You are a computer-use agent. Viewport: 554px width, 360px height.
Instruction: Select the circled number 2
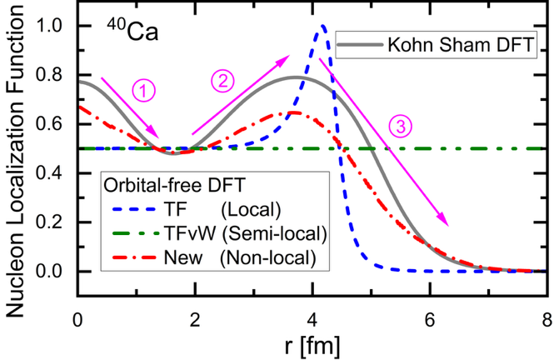[x=224, y=82]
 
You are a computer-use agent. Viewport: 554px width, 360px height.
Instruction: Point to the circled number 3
[x=402, y=127]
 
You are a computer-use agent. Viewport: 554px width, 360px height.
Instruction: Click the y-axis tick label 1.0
[x=55, y=26]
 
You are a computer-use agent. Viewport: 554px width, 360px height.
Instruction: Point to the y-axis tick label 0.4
[x=55, y=173]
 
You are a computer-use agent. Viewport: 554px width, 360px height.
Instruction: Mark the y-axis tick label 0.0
[x=55, y=272]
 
